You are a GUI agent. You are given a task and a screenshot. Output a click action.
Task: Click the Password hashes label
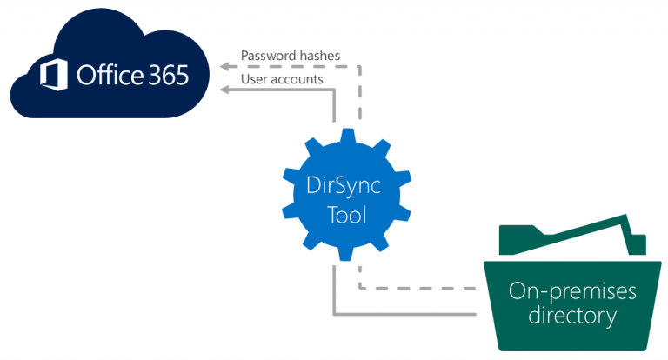(x=290, y=56)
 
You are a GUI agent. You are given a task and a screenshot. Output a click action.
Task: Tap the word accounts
(x=298, y=79)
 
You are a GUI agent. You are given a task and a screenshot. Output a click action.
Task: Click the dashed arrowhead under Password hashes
(x=224, y=65)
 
